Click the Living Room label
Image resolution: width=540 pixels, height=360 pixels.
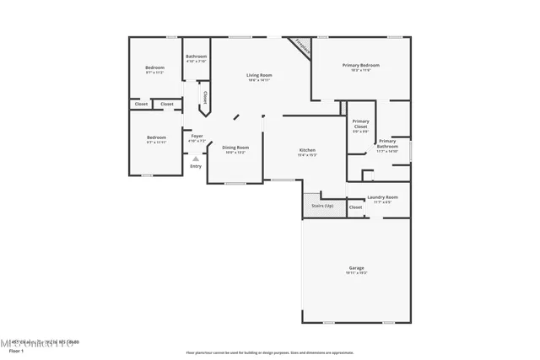(259, 76)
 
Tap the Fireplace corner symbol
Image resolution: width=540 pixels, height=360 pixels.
(301, 47)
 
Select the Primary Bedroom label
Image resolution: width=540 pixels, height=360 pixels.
(360, 66)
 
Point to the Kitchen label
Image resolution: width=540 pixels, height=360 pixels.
(307, 150)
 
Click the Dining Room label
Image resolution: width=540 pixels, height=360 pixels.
(235, 148)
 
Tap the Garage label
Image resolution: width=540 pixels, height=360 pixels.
(356, 268)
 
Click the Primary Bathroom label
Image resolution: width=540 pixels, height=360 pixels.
(387, 144)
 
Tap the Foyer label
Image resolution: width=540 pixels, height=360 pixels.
(197, 136)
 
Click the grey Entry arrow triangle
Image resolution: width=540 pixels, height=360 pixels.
(196, 158)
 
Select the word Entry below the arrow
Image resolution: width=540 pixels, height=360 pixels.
(196, 166)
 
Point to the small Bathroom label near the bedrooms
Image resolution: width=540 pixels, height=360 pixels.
(196, 56)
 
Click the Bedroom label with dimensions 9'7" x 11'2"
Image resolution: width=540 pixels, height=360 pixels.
(154, 67)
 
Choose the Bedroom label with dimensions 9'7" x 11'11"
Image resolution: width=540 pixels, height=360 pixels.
(156, 137)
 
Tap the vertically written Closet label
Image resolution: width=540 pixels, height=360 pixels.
(205, 97)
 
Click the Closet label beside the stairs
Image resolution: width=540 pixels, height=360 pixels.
(355, 207)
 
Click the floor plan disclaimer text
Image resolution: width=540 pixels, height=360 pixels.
(269, 351)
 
